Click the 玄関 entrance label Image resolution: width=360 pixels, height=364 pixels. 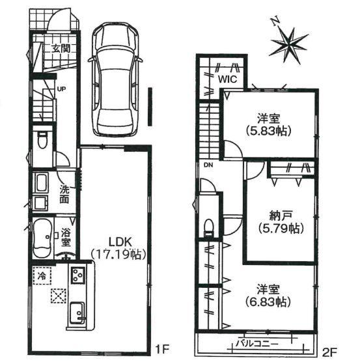coord(61,49)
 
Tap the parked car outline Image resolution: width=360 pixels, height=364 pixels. coord(115,79)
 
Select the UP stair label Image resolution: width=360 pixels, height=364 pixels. coord(61,89)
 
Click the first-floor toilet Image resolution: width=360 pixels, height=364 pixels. coord(42,140)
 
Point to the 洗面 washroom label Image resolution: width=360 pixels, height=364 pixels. coord(64,195)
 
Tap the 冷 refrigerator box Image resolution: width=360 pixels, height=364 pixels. coord(42,276)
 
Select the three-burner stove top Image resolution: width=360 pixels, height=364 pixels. coord(77,275)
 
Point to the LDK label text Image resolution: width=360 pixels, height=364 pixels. coord(120,242)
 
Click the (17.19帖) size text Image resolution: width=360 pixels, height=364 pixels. coord(118,255)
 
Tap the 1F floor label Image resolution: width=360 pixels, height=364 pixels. coord(161,350)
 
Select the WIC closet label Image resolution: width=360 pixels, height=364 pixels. coord(228,79)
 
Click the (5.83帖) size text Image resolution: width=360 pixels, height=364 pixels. coord(269,132)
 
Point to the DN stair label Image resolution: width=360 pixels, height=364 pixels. coord(208,165)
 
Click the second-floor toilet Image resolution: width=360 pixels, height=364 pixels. coord(209,227)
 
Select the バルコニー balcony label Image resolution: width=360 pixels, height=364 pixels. coord(256,344)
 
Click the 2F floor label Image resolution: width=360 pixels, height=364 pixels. coord(329,350)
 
